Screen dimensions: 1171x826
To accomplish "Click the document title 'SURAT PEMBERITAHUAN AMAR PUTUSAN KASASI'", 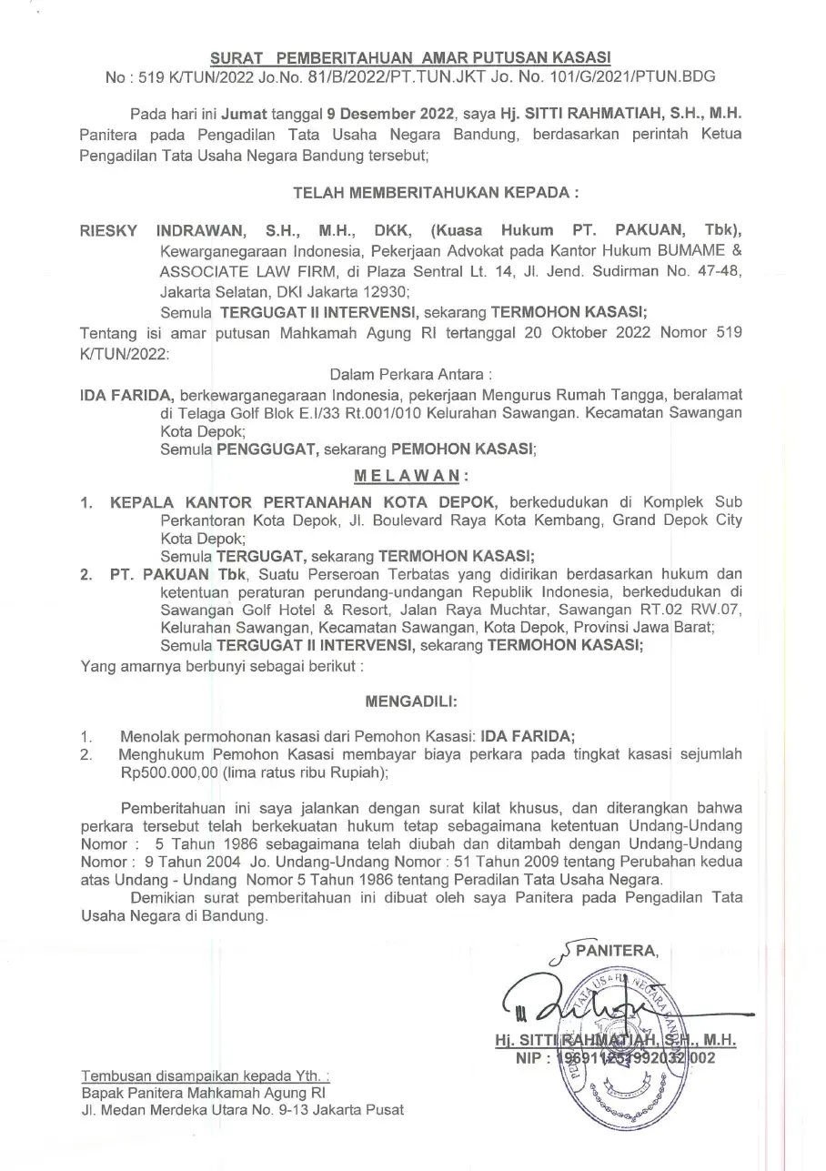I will coord(411,57).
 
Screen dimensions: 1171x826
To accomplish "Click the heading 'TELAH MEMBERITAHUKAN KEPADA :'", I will coord(436,193).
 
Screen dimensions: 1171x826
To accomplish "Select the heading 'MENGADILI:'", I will coord(411,702).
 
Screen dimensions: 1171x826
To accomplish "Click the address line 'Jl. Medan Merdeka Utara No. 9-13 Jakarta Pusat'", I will coord(243,1110).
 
